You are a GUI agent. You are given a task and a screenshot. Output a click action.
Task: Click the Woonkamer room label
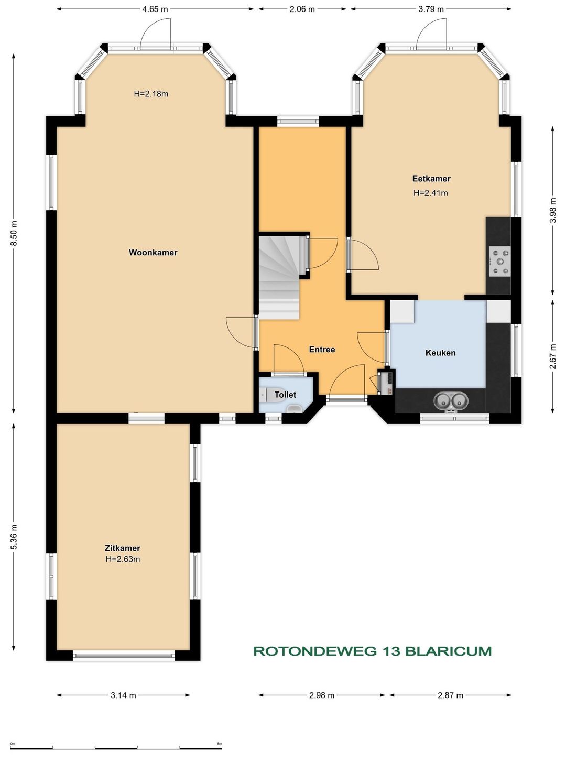tap(153, 253)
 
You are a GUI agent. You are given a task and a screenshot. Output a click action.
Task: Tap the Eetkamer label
tap(431, 179)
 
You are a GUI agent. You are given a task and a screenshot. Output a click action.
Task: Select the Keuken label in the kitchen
tap(440, 353)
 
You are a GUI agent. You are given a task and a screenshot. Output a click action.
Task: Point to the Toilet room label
tap(285, 395)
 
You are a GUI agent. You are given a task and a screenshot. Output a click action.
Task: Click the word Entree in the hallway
tap(322, 350)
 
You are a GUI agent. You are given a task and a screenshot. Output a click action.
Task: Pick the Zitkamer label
tap(123, 548)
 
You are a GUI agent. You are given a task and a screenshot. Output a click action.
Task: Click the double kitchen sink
tap(451, 401)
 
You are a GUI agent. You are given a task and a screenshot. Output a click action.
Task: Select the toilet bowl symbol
tap(263, 395)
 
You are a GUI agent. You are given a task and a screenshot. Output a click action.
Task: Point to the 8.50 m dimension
tap(14, 233)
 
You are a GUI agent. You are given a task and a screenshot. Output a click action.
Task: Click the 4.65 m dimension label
tap(155, 9)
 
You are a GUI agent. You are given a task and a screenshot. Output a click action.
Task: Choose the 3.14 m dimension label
tap(123, 686)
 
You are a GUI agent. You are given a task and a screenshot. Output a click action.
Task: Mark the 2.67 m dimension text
tap(552, 356)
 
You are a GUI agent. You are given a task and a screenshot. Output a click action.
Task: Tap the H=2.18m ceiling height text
tap(151, 93)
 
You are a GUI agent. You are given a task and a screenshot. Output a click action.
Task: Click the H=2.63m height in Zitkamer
tap(123, 559)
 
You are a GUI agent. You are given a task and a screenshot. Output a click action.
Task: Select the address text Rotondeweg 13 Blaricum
tap(373, 651)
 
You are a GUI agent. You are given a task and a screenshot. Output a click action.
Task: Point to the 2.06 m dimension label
tap(302, 9)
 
